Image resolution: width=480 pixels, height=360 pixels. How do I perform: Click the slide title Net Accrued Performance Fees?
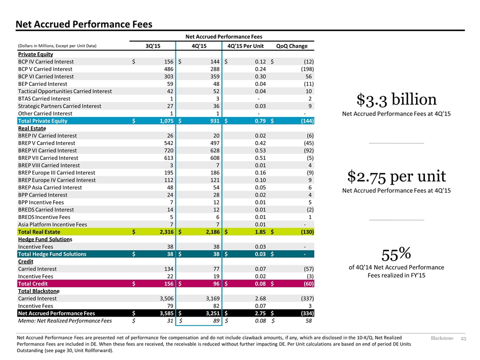(x=84, y=24)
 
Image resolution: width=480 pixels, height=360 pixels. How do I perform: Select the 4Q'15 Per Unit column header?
(x=245, y=46)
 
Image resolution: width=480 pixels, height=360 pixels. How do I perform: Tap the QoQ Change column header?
(x=291, y=46)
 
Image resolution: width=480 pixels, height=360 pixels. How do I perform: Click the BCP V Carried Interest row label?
(x=45, y=69)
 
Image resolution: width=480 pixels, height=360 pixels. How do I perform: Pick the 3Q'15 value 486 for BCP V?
(x=168, y=69)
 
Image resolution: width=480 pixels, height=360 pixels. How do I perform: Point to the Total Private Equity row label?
(x=42, y=121)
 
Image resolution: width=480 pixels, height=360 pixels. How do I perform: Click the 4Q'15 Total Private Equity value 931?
(x=214, y=121)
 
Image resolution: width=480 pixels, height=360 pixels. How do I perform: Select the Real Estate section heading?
(x=32, y=128)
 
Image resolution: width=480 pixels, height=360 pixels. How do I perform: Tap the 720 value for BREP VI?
(x=168, y=150)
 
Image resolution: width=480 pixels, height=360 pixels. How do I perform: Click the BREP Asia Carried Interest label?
(x=50, y=187)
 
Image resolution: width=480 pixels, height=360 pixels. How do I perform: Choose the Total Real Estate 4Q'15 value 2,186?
(x=213, y=232)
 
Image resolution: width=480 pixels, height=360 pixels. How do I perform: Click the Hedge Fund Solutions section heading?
(x=45, y=239)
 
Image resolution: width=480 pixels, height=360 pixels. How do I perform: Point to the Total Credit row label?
(x=33, y=284)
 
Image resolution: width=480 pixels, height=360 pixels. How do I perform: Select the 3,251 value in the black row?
(x=213, y=313)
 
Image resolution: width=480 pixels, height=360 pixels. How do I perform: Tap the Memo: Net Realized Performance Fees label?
(x=65, y=321)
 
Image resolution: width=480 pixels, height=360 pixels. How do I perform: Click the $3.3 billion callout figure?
(x=396, y=99)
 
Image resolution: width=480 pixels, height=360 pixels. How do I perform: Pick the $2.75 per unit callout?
(x=396, y=176)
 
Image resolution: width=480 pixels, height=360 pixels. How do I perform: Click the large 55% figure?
(x=396, y=254)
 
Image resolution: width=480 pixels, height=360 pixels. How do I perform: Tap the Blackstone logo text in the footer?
(x=442, y=338)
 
